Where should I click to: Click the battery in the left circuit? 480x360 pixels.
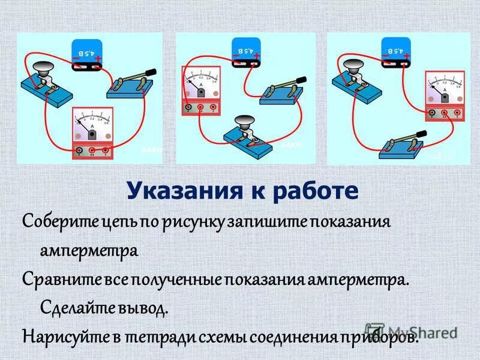click(87, 53)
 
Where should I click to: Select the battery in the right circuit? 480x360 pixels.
click(396, 48)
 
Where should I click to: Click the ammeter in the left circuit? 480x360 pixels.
click(93, 133)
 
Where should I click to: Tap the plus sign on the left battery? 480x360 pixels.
click(98, 58)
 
